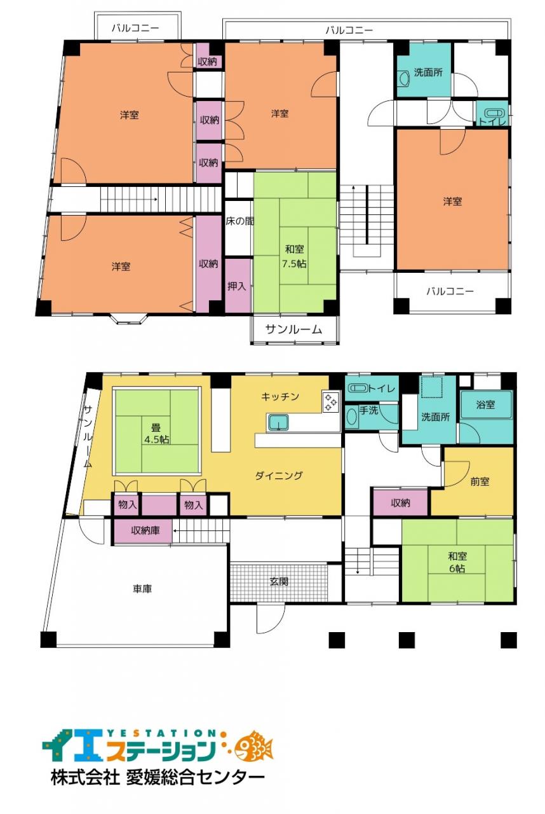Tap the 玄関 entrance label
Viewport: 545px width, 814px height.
[279, 581]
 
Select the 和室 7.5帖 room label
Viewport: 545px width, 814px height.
[294, 256]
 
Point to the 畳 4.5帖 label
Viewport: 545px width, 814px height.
[157, 434]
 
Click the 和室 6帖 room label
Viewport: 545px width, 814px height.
[457, 562]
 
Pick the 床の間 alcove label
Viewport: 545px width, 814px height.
[239, 221]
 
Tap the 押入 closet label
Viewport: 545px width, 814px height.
[236, 286]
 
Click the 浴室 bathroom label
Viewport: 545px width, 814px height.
[485, 404]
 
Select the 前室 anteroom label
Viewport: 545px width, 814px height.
[480, 482]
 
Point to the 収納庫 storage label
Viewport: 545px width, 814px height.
[145, 530]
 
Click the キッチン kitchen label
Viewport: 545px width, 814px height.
[280, 396]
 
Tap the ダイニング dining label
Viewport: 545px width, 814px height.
[279, 476]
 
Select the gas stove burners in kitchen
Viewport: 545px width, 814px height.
[331, 402]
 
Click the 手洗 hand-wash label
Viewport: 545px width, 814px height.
[368, 410]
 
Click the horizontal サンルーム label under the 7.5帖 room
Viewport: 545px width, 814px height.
[294, 329]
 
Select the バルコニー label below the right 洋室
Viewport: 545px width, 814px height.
[450, 291]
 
